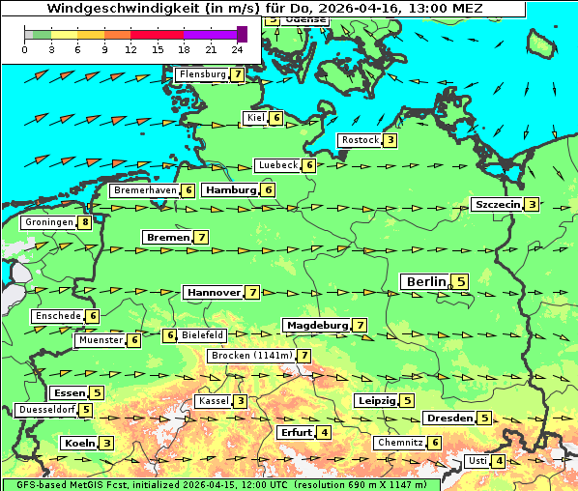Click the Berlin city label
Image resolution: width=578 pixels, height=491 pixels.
pyautogui.click(x=425, y=281)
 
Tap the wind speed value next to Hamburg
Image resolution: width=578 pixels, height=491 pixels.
pyautogui.click(x=270, y=189)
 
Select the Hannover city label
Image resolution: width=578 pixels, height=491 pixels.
pyautogui.click(x=213, y=292)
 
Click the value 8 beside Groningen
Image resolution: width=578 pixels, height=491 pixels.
pyautogui.click(x=86, y=222)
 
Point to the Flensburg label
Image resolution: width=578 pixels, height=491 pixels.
pyautogui.click(x=202, y=73)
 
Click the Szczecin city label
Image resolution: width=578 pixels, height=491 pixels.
pyautogui.click(x=497, y=204)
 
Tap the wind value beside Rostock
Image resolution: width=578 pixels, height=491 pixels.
pyautogui.click(x=390, y=140)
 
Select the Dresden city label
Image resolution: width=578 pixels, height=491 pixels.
pyautogui.click(x=448, y=418)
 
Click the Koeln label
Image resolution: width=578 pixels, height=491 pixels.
pyautogui.click(x=77, y=443)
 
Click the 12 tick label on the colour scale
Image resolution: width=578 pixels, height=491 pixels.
pyautogui.click(x=130, y=49)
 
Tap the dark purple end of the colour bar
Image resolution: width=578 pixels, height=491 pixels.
pyautogui.click(x=242, y=34)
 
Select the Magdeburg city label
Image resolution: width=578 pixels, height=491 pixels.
pyautogui.click(x=316, y=325)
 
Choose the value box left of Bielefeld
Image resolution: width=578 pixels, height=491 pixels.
pyautogui.click(x=170, y=335)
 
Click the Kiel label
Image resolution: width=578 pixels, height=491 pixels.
pyautogui.click(x=255, y=118)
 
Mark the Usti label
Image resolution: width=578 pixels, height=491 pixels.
pyautogui.click(x=477, y=461)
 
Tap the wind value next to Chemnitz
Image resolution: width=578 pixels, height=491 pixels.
pyautogui.click(x=436, y=443)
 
